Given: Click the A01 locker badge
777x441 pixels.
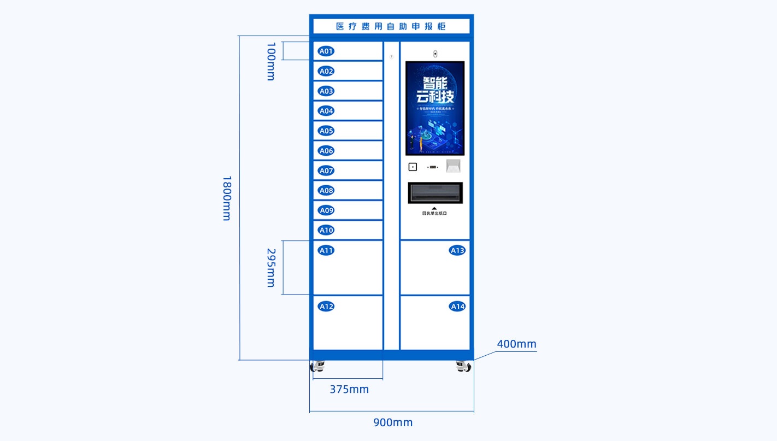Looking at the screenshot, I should pyautogui.click(x=326, y=51).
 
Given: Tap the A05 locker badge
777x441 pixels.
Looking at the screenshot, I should pyautogui.click(x=326, y=131).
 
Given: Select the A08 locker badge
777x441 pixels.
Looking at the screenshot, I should pyautogui.click(x=326, y=191).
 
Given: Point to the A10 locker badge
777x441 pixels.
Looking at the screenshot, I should pyautogui.click(x=326, y=230).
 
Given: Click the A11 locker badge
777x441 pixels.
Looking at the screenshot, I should pyautogui.click(x=326, y=250).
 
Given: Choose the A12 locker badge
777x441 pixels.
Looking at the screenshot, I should pyautogui.click(x=326, y=307).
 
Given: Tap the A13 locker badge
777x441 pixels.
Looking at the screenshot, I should pyautogui.click(x=457, y=250).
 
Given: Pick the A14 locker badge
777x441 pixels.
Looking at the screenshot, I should pyautogui.click(x=457, y=307).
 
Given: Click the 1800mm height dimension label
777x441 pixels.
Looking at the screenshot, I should pyautogui.click(x=227, y=198).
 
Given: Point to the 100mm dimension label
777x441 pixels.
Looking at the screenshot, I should pyautogui.click(x=270, y=61).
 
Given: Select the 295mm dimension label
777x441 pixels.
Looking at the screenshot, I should pyautogui.click(x=270, y=267).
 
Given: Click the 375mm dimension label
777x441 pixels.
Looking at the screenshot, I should pyautogui.click(x=349, y=390).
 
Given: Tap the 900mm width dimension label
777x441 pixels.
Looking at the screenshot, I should pyautogui.click(x=393, y=422).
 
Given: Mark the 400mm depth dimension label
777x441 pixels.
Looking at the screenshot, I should pyautogui.click(x=516, y=344).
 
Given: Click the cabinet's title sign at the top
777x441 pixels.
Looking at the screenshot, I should pyautogui.click(x=391, y=26).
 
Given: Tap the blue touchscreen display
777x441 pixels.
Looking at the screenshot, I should pyautogui.click(x=434, y=108).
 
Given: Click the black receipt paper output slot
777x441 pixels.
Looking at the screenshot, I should pyautogui.click(x=435, y=192).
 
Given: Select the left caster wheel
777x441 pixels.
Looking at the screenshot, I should pyautogui.click(x=317, y=366).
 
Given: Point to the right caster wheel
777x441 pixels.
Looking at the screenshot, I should pyautogui.click(x=463, y=366).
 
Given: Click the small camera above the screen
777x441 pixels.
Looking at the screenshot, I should pyautogui.click(x=435, y=54).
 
